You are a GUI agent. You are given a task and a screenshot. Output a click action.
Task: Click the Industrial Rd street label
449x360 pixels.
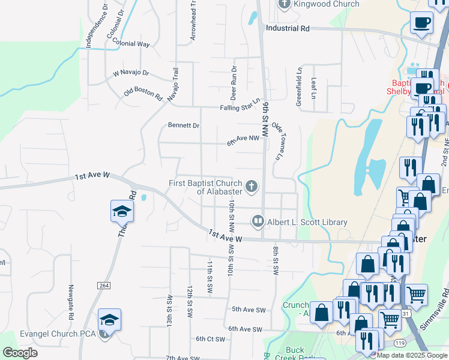tap(288, 28)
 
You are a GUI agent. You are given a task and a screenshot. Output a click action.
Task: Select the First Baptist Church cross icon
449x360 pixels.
tap(252, 187)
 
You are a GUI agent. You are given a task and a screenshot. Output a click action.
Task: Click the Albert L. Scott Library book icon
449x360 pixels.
tap(258, 222)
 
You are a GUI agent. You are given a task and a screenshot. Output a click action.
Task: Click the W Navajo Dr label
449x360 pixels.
tap(131, 73)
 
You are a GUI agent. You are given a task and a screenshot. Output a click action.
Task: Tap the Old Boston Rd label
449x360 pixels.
tap(143, 94)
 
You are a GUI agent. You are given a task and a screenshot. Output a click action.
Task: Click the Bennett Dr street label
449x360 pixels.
tap(184, 126)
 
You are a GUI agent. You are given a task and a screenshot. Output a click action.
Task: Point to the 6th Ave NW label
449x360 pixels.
tap(243, 139)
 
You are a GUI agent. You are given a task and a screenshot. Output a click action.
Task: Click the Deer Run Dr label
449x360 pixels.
tap(234, 83)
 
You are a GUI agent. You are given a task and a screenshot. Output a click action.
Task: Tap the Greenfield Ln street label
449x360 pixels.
tap(299, 86)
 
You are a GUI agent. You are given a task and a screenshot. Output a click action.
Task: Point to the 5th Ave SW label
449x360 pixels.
tap(249, 310)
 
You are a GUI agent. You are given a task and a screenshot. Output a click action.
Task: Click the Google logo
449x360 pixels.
tap(20, 353)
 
